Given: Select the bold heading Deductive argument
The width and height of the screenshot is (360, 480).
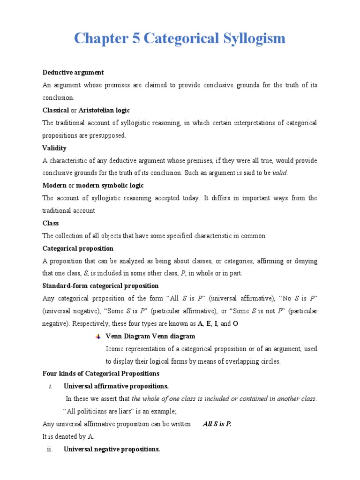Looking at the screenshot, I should (73, 73).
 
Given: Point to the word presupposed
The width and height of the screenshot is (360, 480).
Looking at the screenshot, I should (109, 135).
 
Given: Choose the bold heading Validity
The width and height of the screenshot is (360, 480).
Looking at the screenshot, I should (54, 148).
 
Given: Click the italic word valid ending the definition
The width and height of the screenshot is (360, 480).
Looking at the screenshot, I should (280, 173).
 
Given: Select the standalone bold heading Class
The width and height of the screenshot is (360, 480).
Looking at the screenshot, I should (51, 224).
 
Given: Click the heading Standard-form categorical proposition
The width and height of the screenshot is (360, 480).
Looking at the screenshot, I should (100, 286).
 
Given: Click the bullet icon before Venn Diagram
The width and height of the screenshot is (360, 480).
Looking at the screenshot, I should (98, 337).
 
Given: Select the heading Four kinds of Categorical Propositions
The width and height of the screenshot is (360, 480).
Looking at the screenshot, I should (101, 374).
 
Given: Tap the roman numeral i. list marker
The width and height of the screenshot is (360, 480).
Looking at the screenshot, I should (50, 386).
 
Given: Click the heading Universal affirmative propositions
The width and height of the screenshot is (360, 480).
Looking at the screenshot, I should (116, 386).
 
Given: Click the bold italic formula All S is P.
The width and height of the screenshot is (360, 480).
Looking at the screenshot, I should (217, 424).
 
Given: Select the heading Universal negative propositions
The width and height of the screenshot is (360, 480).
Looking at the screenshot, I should (112, 449).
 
